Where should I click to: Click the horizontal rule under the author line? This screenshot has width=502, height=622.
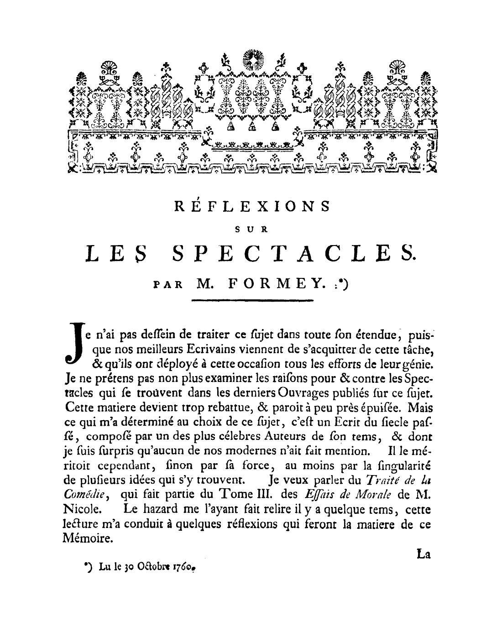click(x=251, y=300)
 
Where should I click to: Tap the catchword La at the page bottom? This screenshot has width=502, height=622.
click(x=424, y=555)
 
